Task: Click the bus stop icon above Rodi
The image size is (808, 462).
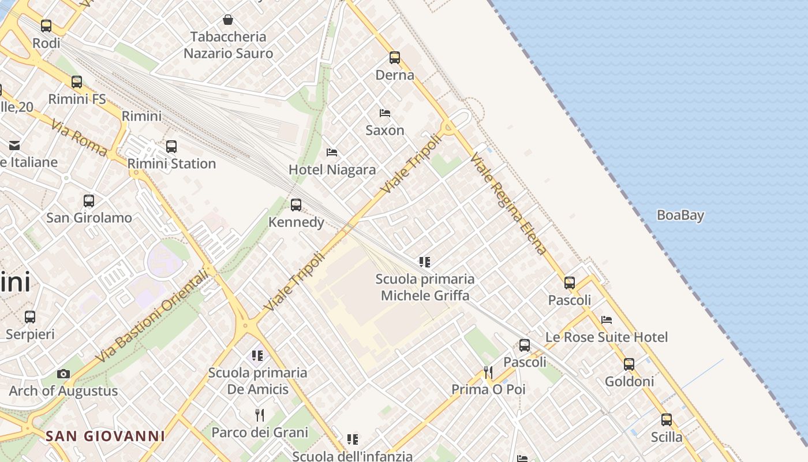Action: pyautogui.click(x=46, y=26)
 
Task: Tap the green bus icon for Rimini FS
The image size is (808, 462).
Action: pyautogui.click(x=77, y=82)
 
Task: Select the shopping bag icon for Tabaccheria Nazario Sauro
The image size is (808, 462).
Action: pyautogui.click(x=228, y=20)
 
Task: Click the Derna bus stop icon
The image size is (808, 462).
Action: pyautogui.click(x=395, y=58)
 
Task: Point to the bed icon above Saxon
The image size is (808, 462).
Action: pyautogui.click(x=385, y=113)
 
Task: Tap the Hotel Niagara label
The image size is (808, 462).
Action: pyautogui.click(x=332, y=170)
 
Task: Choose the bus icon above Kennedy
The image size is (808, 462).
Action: pyautogui.click(x=296, y=205)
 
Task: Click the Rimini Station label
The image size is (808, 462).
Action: pyautogui.click(x=171, y=163)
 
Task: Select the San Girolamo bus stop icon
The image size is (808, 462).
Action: pyautogui.click(x=89, y=201)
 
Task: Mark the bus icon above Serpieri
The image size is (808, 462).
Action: pyautogui.click(x=30, y=317)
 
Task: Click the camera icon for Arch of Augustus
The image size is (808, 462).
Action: pyautogui.click(x=63, y=374)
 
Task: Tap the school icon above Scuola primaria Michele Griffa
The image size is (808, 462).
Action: pyautogui.click(x=425, y=262)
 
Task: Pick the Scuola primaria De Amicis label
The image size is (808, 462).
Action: pyautogui.click(x=257, y=381)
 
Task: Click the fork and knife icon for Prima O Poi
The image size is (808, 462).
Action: pyautogui.click(x=488, y=372)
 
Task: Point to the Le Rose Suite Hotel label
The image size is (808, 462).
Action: pyautogui.click(x=606, y=337)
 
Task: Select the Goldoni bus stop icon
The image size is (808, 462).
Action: pyautogui.click(x=629, y=364)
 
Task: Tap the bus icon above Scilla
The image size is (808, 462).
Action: pyautogui.click(x=667, y=420)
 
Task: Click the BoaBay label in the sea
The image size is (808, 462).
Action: pyautogui.click(x=680, y=215)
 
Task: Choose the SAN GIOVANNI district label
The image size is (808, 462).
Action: pyautogui.click(x=105, y=436)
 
